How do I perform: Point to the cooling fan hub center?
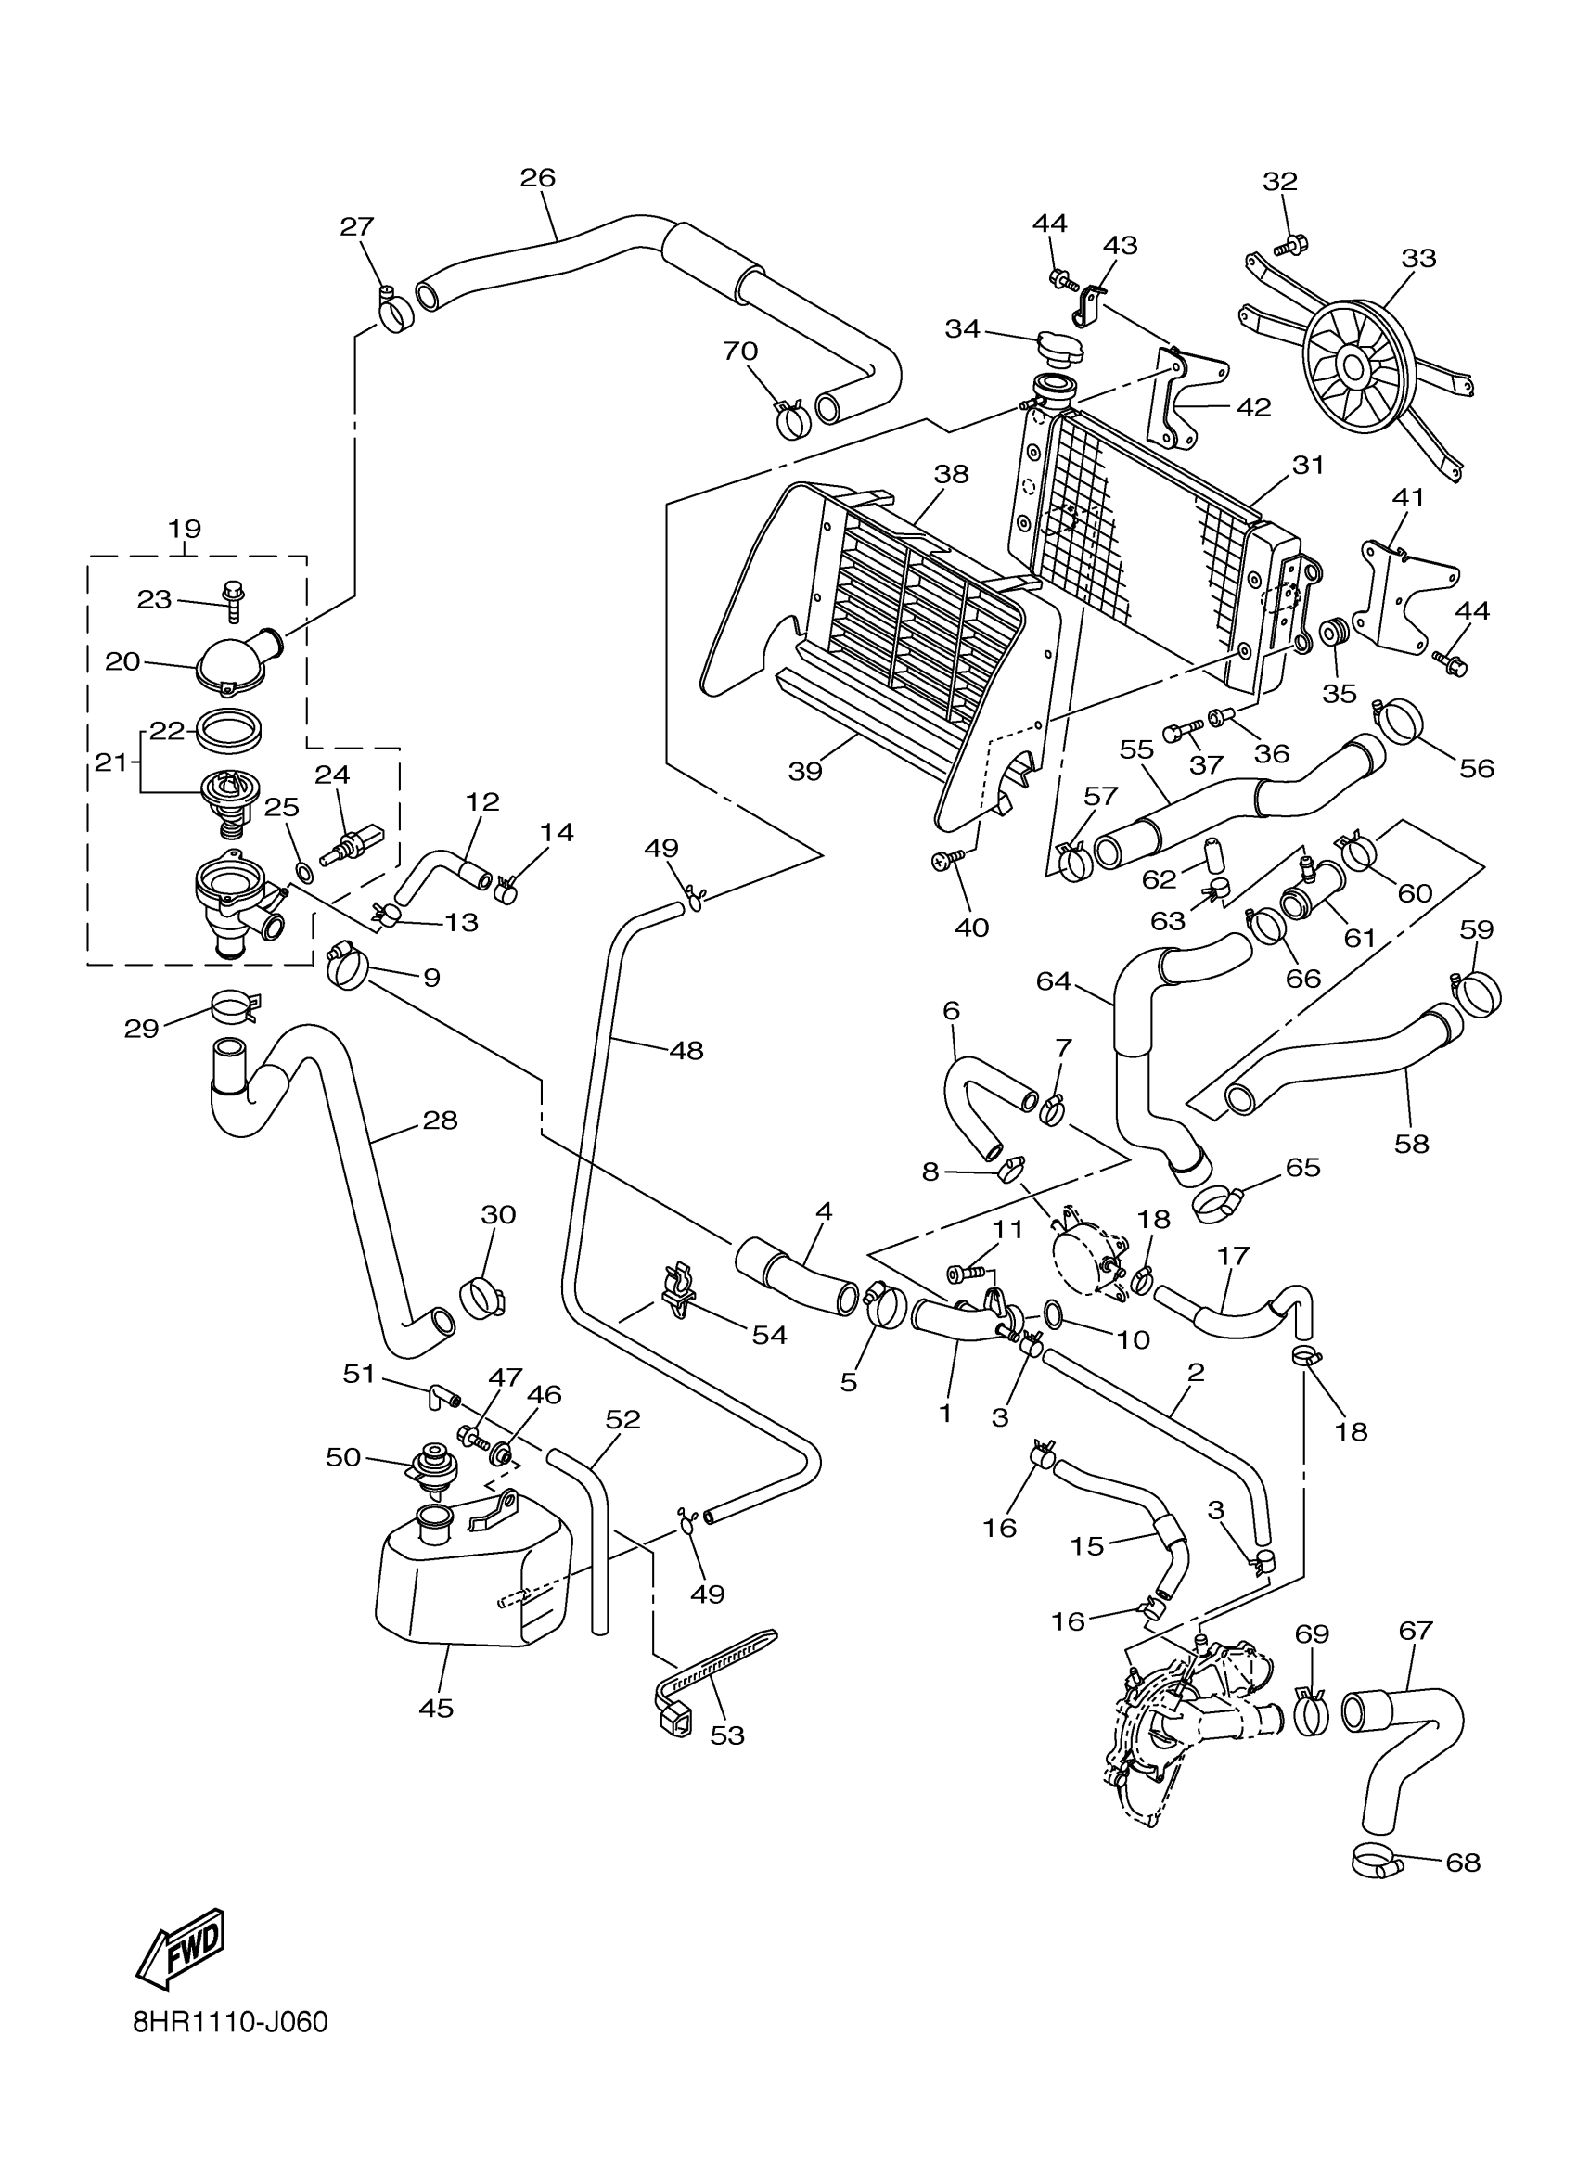[x=1354, y=365]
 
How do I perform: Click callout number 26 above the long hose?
[x=537, y=176]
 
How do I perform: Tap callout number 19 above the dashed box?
[x=185, y=529]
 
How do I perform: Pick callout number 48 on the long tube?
[x=686, y=1050]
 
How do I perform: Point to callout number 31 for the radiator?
[x=1308, y=466]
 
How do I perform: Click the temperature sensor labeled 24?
[x=351, y=844]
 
